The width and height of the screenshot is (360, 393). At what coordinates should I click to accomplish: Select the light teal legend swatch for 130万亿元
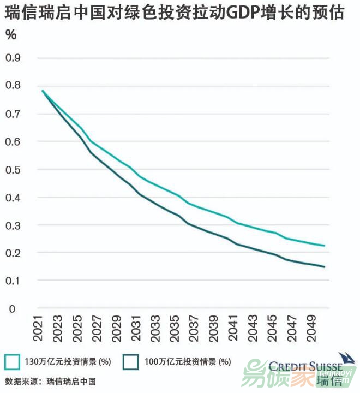[x=13, y=361]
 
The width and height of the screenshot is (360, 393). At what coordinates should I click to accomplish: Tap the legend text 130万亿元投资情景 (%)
[x=68, y=361]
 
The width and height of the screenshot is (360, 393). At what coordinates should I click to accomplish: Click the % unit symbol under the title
[x=11, y=35]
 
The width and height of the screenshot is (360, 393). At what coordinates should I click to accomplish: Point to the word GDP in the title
[x=229, y=14]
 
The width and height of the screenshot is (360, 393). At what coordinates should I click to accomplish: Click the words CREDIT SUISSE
[x=305, y=367]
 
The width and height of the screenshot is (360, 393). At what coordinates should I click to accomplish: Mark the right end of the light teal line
[x=325, y=246]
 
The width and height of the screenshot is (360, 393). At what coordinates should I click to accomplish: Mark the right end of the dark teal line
[x=325, y=267]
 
